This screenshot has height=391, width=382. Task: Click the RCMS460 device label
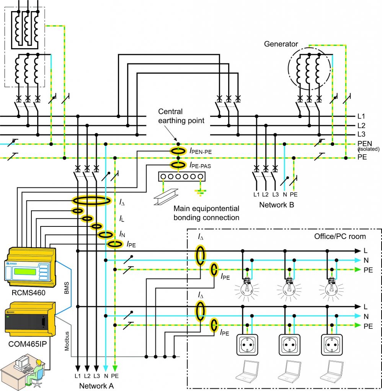coord(29,294)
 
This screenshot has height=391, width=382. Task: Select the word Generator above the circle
coord(281,44)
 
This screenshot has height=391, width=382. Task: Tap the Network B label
coord(276,204)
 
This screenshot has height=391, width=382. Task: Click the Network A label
coord(96,386)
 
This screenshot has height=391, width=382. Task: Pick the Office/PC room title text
coord(340,236)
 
